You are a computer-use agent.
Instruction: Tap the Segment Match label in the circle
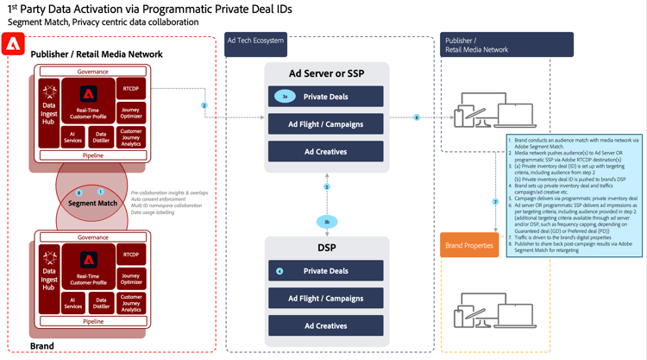[94, 203]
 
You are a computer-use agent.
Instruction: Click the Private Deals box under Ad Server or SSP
[325, 97]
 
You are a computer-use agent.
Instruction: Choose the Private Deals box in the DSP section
[325, 271]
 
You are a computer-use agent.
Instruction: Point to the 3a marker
[285, 97]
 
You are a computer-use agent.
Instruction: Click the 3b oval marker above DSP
[327, 222]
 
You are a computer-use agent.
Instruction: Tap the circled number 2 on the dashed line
[204, 105]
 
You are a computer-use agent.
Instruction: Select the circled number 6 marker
[417, 117]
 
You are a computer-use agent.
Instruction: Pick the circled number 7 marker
[495, 202]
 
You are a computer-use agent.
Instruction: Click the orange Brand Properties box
[469, 246]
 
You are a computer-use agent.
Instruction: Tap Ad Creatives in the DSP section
[325, 325]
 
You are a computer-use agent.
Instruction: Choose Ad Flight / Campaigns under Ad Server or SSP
[325, 124]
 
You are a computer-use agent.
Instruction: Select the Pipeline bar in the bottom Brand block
[93, 321]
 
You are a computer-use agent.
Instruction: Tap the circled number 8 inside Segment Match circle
[79, 193]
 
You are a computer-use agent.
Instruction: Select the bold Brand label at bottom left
[42, 346]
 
